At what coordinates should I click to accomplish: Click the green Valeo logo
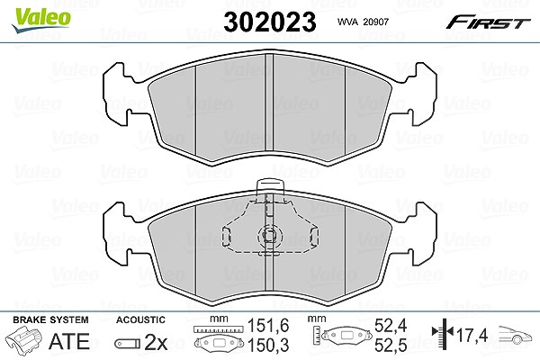(x=41, y=20)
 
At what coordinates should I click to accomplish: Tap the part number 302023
(x=270, y=22)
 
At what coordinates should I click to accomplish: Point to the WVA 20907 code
(x=363, y=22)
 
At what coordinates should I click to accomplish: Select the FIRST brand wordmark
(x=488, y=22)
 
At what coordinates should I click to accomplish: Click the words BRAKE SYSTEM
(x=50, y=319)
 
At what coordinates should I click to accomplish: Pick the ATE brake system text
(x=69, y=341)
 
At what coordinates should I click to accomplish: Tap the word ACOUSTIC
(x=140, y=319)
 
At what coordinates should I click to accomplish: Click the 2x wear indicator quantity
(x=156, y=342)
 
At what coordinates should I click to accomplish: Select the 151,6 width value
(x=268, y=326)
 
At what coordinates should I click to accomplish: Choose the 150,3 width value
(x=268, y=346)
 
